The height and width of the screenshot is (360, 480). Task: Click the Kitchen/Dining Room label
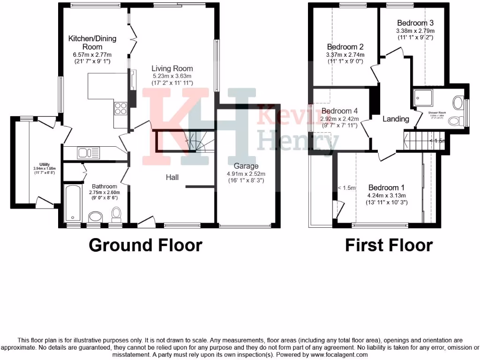[x=92, y=43]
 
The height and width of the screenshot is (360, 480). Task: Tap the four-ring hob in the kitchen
[x=120, y=108]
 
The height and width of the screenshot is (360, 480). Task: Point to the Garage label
[x=246, y=166]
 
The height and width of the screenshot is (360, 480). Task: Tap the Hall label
[x=172, y=177]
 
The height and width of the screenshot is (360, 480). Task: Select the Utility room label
[x=45, y=165]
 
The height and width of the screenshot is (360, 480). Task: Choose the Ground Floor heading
[x=145, y=245]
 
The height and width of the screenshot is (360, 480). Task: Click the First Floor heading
[x=389, y=245]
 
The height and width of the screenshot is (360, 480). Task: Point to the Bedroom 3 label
[x=415, y=23]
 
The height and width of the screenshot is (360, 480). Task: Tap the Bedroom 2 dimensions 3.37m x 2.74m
[x=345, y=55]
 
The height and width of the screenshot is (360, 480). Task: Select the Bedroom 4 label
[x=340, y=111]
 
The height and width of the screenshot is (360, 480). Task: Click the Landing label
[x=396, y=119]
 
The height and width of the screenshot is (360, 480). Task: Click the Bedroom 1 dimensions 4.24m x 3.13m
[x=387, y=196]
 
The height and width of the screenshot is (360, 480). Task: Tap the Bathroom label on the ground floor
[x=105, y=186]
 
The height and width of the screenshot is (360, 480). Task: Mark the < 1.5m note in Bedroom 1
[x=347, y=188]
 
